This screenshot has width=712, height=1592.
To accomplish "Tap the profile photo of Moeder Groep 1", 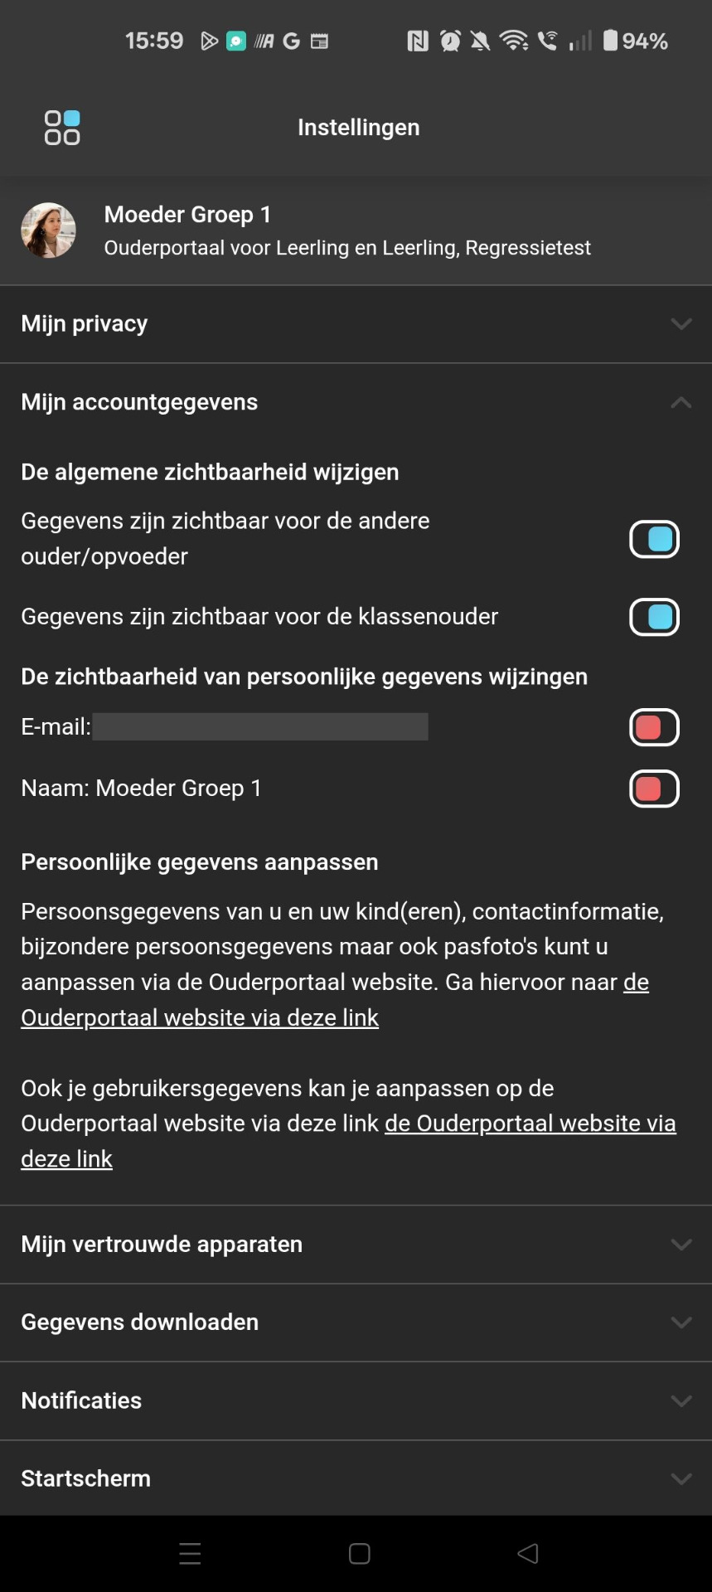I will coord(48,231).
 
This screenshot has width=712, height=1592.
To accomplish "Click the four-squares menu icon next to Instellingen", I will coord(62,128).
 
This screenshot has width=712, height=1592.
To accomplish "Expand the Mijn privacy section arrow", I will coord(681,324).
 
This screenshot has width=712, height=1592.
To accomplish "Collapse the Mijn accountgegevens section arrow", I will coord(681,403).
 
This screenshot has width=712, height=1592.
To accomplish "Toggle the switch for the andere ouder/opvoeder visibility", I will coord(654,539).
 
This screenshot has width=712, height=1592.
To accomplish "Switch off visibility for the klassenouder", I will coord(654,617).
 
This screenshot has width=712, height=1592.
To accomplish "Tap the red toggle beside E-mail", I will coord(654,727).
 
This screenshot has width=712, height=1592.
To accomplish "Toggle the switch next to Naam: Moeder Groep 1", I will coord(654,789).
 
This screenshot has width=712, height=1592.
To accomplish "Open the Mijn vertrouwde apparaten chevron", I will coord(681,1245).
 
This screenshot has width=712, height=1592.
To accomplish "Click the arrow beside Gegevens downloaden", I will coord(681,1323).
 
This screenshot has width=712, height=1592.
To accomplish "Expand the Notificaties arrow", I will coord(681,1401).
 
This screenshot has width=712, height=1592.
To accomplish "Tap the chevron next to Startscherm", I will coord(681,1479).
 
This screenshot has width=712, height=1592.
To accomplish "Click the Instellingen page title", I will coord(358,128).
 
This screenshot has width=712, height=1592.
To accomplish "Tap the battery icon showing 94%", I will coord(610,40).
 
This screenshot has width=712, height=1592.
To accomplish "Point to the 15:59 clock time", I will coord(154,41).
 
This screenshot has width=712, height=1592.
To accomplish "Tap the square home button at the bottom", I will coord(359,1554).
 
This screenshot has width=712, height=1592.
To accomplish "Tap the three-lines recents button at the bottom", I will coord(190,1554).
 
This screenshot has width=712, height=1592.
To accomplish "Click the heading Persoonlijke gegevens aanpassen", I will coord(200,862).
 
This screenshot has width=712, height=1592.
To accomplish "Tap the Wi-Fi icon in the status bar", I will coord(514,40).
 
